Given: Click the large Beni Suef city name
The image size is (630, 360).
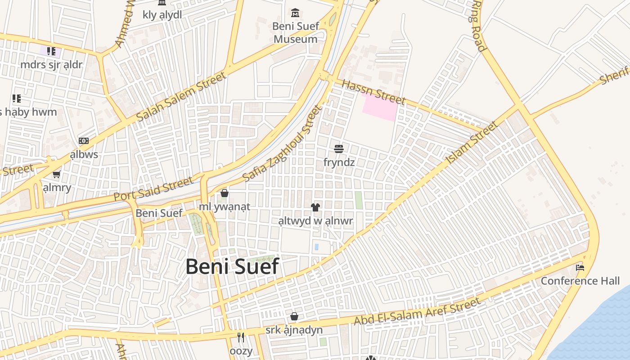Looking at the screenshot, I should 232,266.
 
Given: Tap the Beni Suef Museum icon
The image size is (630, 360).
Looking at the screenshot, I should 295,13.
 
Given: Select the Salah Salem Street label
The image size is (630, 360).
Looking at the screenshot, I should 181,97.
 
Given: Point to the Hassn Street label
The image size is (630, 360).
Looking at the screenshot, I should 373,92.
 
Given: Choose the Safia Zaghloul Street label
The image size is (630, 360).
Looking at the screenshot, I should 283,144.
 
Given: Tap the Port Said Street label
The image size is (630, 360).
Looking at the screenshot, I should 153,189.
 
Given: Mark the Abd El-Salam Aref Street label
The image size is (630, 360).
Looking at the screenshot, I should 417,311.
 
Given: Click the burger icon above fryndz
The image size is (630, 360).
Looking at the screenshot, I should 339,148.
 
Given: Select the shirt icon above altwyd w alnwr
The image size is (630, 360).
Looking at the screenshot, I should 315,207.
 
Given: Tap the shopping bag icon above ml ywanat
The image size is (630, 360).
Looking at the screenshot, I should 225,193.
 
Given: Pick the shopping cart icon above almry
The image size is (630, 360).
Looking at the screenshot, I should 57,174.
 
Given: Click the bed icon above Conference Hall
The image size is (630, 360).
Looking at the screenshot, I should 580,268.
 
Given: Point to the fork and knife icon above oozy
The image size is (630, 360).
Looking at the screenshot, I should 241,337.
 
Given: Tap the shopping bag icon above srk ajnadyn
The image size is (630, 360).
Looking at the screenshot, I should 294,316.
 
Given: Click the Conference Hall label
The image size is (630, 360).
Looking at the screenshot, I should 580,281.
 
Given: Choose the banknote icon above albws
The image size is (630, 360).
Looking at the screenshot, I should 84,141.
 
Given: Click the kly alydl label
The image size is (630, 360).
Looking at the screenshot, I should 162,15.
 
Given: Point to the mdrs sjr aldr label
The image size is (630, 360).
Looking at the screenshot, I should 51,65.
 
